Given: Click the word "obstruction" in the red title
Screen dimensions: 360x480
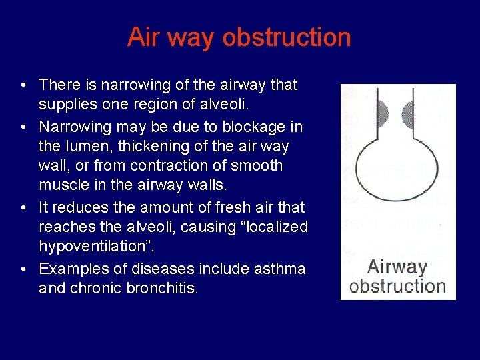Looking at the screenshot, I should (287, 37).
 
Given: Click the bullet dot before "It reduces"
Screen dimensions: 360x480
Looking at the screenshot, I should (23, 207).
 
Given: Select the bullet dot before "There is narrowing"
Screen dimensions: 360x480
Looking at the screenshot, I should (23, 85).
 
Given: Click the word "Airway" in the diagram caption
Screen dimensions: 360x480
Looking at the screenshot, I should (397, 267).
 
